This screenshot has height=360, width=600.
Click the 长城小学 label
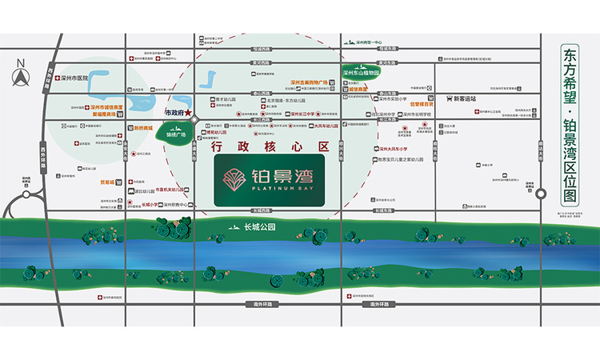(x=150, y=204)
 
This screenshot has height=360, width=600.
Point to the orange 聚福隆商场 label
(x=105, y=114)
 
